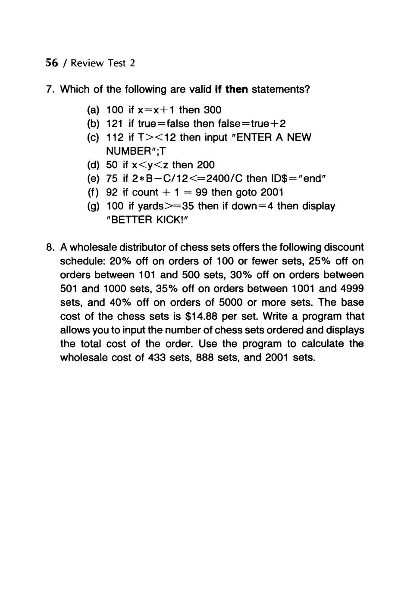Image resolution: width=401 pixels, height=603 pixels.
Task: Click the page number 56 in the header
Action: pos(51,63)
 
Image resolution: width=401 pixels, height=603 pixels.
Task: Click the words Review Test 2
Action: pos(103,63)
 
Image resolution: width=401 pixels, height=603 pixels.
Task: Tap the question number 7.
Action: pos(50,90)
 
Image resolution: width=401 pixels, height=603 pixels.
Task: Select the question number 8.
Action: pos(50,247)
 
